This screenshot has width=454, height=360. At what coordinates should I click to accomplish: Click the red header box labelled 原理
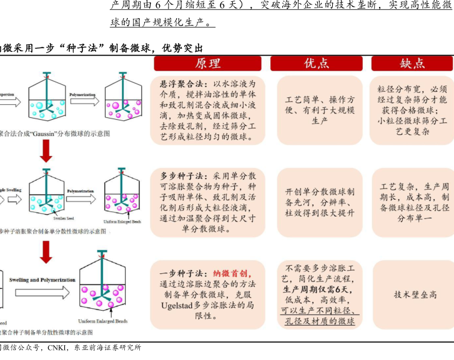pyautogui.click(x=208, y=64)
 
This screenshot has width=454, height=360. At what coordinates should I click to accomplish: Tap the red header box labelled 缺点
pyautogui.click(x=413, y=64)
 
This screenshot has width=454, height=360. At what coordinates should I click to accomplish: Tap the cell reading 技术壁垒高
pyautogui.click(x=415, y=294)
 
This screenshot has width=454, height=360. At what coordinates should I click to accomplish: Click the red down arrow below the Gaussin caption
pyautogui.click(x=44, y=149)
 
